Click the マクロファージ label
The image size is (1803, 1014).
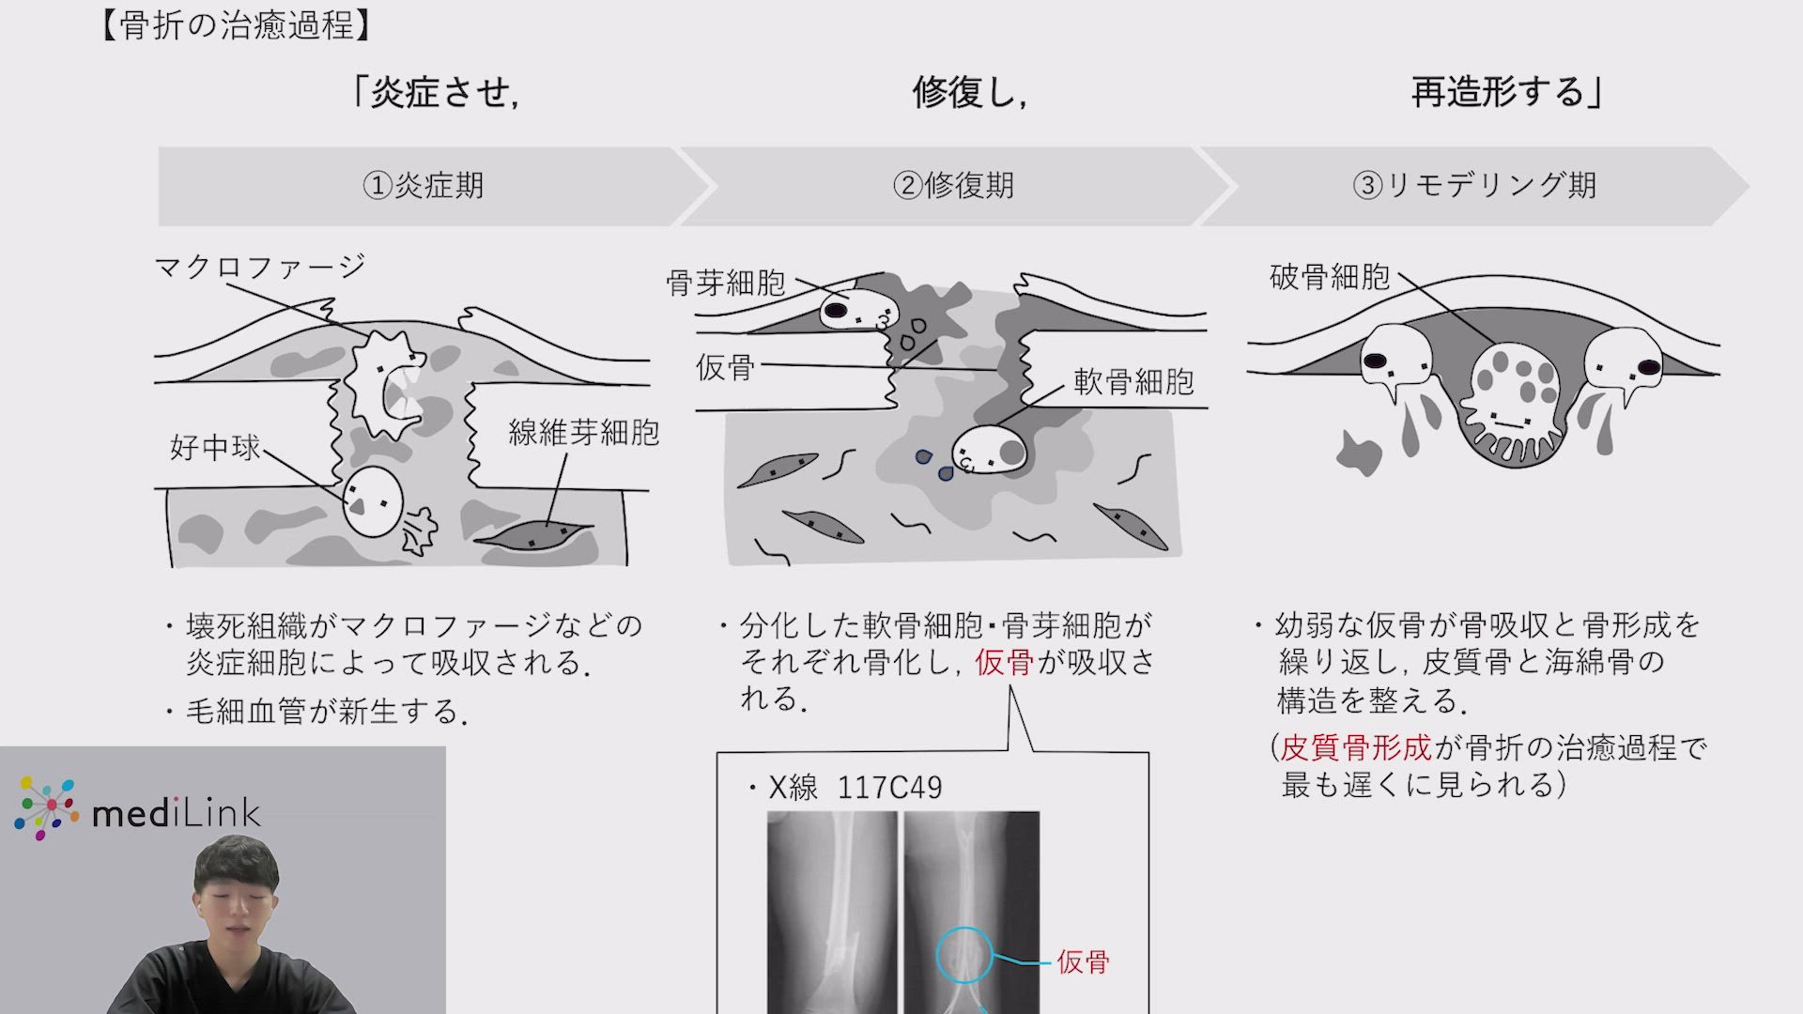260,267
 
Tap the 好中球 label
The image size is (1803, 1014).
215,447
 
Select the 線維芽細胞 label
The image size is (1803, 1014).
584,432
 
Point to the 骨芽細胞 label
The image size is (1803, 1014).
726,282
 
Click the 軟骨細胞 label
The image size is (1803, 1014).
1133,381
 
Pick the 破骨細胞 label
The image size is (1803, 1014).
1330,276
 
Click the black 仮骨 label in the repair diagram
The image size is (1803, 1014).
725,366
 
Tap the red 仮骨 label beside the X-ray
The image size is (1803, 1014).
1083,961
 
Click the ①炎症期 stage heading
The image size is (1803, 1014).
424,185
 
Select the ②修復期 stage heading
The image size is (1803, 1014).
953,185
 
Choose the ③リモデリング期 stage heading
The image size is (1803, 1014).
1474,185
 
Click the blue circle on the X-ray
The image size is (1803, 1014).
964,956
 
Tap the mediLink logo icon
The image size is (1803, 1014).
46,807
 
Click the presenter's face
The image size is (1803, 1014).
237,905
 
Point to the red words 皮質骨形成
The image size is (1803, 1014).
1356,747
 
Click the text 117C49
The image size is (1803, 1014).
889,787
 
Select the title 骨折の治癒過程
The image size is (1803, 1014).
237,25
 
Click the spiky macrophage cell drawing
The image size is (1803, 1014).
385,385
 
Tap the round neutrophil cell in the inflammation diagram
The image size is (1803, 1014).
373,502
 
